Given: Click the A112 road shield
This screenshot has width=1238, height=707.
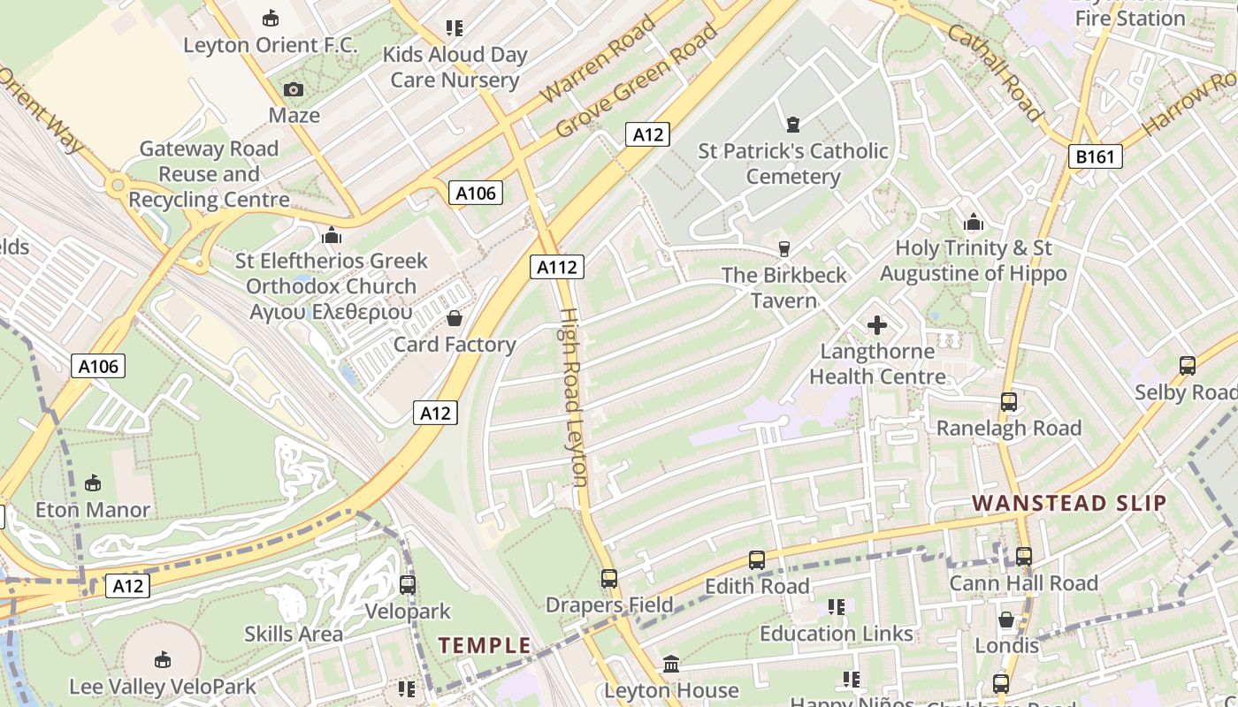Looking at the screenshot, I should tap(558, 267).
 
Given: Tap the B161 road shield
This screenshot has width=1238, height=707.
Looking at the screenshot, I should tap(1095, 157).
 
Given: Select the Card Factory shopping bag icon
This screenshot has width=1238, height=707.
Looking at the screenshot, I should tap(455, 318).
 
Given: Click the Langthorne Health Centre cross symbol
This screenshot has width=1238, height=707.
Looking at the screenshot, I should tap(877, 325).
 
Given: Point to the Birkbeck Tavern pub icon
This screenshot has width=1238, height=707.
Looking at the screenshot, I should tap(783, 249).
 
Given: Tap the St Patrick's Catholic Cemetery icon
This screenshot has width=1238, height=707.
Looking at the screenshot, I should tap(793, 125).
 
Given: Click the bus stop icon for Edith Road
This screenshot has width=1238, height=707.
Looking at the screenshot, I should tap(757, 560).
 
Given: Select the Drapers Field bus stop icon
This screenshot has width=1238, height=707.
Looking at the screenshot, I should tap(609, 579).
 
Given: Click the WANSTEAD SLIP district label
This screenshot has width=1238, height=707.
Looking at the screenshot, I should tap(1069, 504).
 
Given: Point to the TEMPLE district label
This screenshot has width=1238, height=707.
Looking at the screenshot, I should tap(485, 645).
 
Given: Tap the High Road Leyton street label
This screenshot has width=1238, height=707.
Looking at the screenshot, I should tap(574, 398).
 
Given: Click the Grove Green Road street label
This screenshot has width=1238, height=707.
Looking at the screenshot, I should tap(637, 81).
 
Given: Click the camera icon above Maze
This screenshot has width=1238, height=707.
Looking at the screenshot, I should tap(294, 89).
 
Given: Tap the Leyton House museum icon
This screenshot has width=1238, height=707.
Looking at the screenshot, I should tap(671, 664).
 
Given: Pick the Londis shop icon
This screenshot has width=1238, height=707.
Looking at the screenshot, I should tap(1006, 620).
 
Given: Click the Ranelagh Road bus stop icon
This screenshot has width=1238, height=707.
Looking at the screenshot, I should tap(1009, 402).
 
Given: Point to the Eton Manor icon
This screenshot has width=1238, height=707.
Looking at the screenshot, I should tap(93, 483).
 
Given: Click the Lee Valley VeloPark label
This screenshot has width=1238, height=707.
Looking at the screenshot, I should tap(163, 687).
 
